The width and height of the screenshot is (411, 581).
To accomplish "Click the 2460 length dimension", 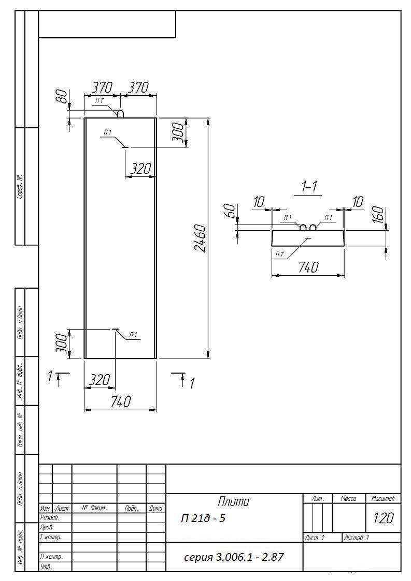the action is pyautogui.click(x=200, y=238).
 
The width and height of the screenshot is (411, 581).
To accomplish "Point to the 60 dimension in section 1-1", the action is pyautogui.click(x=230, y=211).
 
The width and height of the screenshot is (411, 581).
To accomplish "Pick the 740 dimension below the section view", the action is pyautogui.click(x=308, y=267).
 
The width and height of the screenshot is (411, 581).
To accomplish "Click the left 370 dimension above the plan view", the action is pyautogui.click(x=102, y=88).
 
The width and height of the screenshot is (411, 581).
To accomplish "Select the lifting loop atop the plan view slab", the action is pyautogui.click(x=121, y=113).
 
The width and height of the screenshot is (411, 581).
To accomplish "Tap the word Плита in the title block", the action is pyautogui.click(x=233, y=501).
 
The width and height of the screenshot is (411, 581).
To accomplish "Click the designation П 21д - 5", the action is pyautogui.click(x=203, y=518).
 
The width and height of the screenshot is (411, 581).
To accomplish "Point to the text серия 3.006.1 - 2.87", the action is pyautogui.click(x=234, y=557).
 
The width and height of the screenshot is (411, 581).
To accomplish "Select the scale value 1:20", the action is pyautogui.click(x=384, y=518).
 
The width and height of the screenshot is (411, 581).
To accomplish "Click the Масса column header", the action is pyautogui.click(x=348, y=499).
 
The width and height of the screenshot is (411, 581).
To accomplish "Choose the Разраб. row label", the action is pyautogui.click(x=50, y=518).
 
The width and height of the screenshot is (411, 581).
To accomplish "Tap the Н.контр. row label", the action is pyautogui.click(x=51, y=557).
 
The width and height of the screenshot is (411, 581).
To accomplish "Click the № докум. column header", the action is pyautogui.click(x=94, y=509).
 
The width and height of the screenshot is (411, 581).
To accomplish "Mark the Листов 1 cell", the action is pyautogui.click(x=357, y=538).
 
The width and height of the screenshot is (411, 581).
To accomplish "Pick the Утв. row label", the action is pyautogui.click(x=46, y=567).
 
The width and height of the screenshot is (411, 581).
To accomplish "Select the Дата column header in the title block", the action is pyautogui.click(x=155, y=509).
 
